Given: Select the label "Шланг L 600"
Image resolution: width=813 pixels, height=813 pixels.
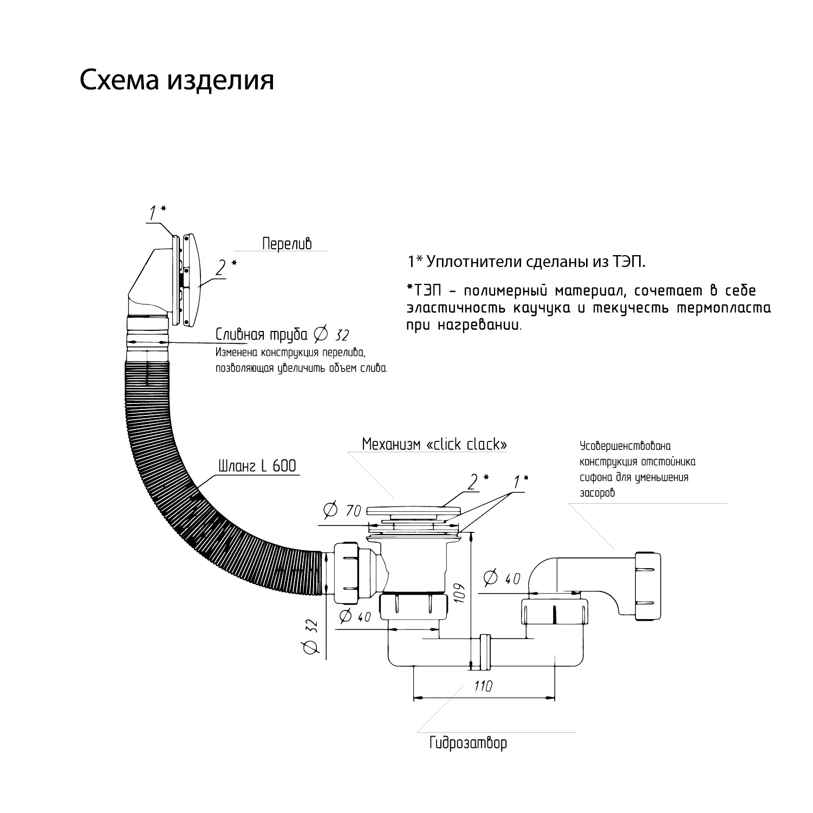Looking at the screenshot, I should [x=257, y=466].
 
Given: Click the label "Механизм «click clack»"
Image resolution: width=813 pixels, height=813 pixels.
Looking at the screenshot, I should [x=434, y=444].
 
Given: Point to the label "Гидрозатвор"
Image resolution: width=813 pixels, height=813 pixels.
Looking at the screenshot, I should [x=468, y=743].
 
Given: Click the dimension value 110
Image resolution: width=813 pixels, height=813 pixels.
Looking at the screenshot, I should [x=483, y=686].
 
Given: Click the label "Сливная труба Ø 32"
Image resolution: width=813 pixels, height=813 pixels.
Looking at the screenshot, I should [x=282, y=334].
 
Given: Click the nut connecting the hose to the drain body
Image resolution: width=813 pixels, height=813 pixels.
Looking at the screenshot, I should [x=347, y=574].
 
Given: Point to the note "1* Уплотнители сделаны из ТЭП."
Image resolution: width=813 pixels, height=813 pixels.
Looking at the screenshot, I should [x=526, y=262].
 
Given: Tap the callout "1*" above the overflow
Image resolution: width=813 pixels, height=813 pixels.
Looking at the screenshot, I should [x=157, y=212].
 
